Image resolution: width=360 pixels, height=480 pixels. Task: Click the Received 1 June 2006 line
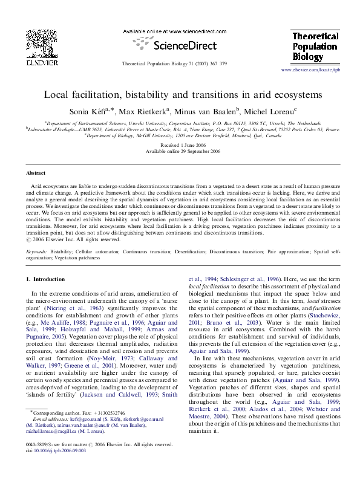(179, 146)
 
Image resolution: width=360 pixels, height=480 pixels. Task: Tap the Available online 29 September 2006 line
(179, 152)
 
